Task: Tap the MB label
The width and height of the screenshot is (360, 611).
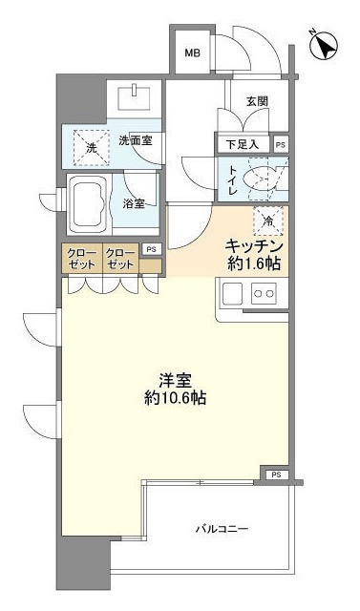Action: coord(192,53)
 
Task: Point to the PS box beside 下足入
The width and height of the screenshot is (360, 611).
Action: coord(279,145)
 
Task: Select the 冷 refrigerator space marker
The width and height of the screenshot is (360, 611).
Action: coord(266,221)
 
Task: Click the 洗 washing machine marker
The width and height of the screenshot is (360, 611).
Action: coord(92,148)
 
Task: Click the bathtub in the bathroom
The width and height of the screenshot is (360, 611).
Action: coord(93,202)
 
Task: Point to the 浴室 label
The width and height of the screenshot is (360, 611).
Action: coord(135,203)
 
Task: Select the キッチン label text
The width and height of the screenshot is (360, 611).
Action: coord(252,245)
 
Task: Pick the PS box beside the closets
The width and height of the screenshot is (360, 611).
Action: coord(151,249)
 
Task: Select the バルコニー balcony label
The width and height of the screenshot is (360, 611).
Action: coord(222,528)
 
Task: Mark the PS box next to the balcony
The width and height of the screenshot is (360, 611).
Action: coord(276,474)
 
